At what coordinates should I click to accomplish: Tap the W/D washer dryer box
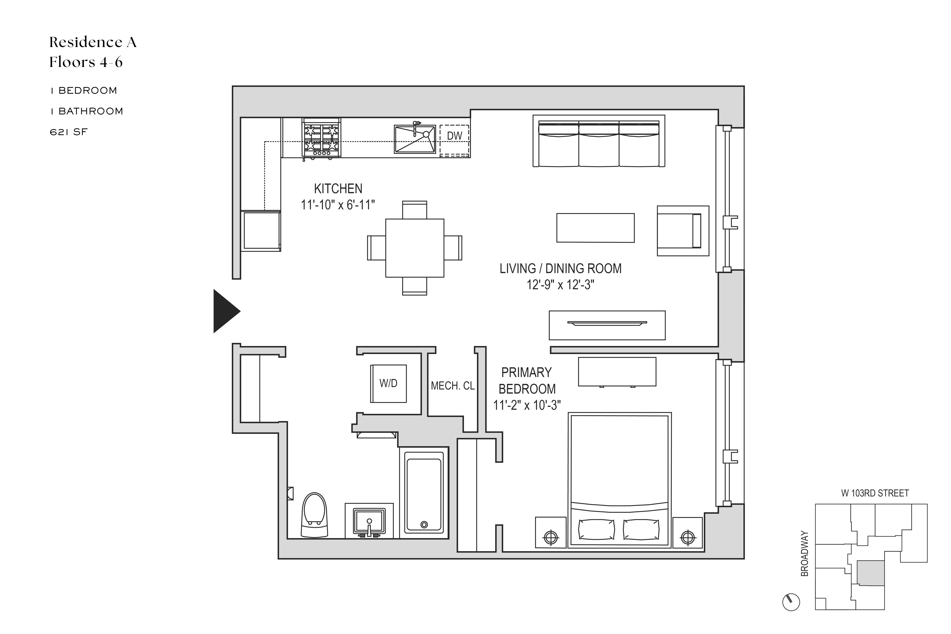coord(388,383)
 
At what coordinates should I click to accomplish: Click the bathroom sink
coord(369,522)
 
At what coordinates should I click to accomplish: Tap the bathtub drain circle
coord(424,524)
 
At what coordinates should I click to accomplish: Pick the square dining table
coord(414,248)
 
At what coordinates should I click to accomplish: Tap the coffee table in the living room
coord(595,228)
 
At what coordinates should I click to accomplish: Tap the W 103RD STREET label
coord(875,493)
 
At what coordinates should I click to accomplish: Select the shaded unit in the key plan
coord(871,573)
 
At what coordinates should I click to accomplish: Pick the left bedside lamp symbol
coord(551,537)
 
